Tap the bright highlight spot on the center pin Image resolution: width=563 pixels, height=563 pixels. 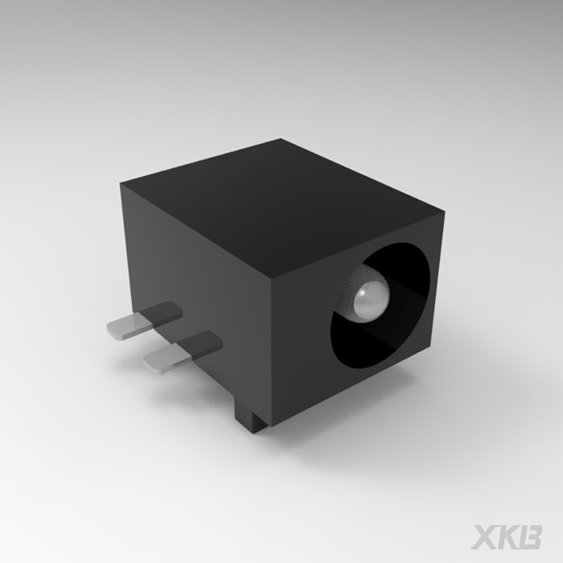364,294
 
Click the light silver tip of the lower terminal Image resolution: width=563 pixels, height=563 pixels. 161,358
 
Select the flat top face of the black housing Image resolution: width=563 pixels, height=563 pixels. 281,200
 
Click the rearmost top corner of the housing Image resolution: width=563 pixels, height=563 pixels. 281,139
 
